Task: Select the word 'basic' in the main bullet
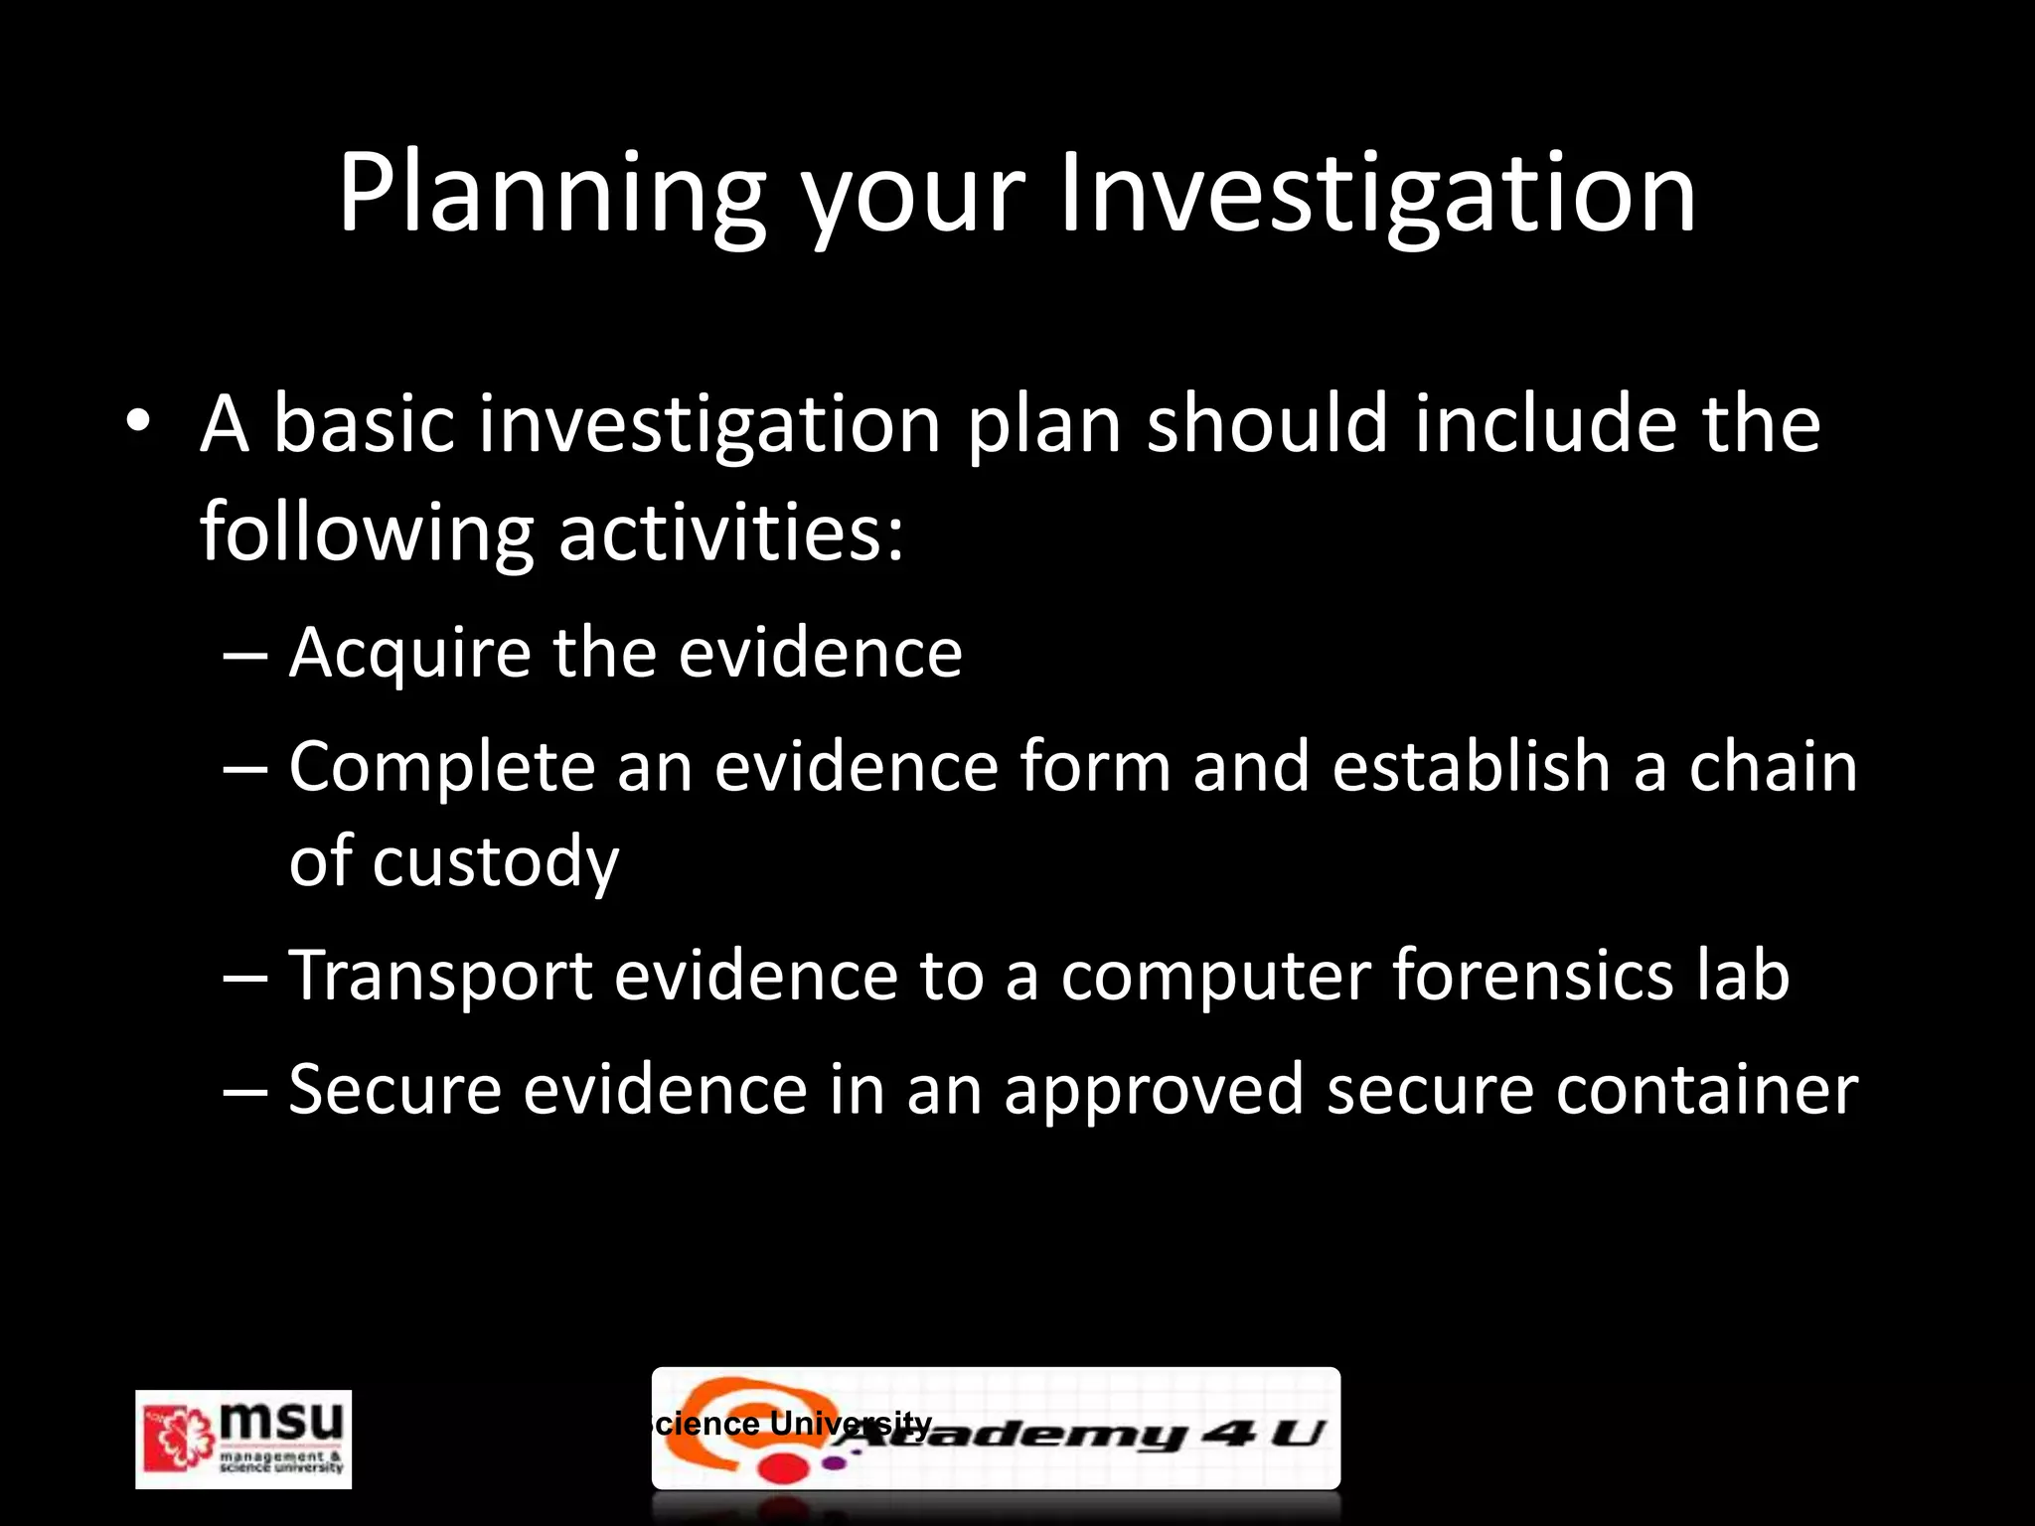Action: point(363,423)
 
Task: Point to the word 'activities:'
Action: point(731,532)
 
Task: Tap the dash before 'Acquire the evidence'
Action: point(244,656)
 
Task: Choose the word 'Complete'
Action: point(441,767)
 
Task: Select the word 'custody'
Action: point(495,862)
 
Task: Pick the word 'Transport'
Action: point(440,976)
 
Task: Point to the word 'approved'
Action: point(1153,1091)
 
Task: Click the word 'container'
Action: point(1706,1091)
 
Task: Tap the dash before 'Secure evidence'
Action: point(244,1091)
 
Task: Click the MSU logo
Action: point(243,1439)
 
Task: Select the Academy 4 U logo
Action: point(996,1429)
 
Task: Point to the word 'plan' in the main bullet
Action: point(1043,425)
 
